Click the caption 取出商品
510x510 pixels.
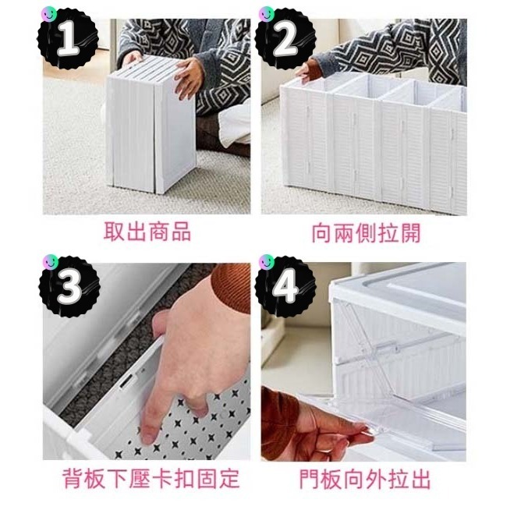click(x=147, y=232)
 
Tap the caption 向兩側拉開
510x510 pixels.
click(x=361, y=232)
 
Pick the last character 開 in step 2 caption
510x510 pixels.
click(x=409, y=232)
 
